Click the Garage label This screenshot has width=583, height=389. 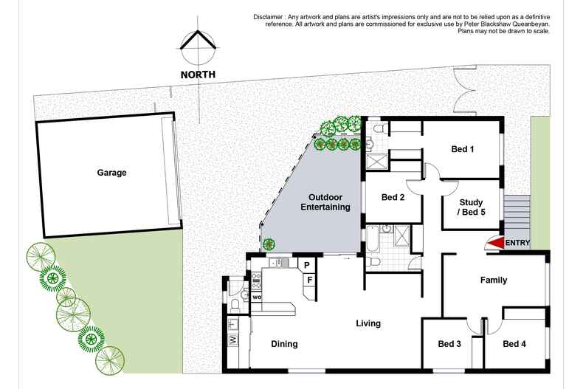pyautogui.click(x=111, y=173)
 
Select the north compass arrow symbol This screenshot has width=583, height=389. pyautogui.click(x=199, y=47)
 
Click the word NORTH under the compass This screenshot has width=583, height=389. pyautogui.click(x=199, y=75)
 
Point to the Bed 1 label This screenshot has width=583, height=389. pyautogui.click(x=462, y=150)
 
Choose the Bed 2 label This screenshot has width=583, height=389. pyautogui.click(x=393, y=197)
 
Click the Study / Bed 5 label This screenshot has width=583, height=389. pyautogui.click(x=471, y=207)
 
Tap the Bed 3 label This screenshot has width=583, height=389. pyautogui.click(x=449, y=344)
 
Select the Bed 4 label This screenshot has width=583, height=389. pyautogui.click(x=514, y=344)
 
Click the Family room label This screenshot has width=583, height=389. pyautogui.click(x=494, y=280)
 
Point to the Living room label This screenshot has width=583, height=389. pyautogui.click(x=368, y=323)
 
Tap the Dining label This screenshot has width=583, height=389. pyautogui.click(x=284, y=344)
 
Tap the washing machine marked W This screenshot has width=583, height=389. pyautogui.click(x=233, y=340)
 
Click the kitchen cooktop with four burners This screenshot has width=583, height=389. pyautogui.click(x=257, y=279)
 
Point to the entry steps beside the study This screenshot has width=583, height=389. pyautogui.click(x=517, y=214)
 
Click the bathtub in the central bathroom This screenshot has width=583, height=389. pyautogui.click(x=372, y=238)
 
